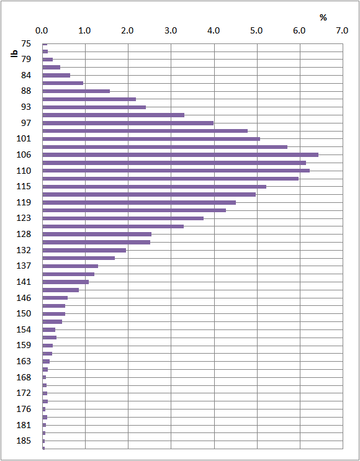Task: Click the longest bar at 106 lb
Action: [180, 154]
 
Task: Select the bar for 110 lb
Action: [176, 171]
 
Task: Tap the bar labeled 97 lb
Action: [127, 123]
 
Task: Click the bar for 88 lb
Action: [76, 91]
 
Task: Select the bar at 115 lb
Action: [154, 186]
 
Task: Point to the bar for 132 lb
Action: [84, 250]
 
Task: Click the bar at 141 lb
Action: [65, 282]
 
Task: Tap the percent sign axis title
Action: [323, 17]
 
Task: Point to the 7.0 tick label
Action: [341, 30]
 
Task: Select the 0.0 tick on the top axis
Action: [42, 30]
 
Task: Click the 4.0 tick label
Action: [213, 30]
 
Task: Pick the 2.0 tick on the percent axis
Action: [127, 30]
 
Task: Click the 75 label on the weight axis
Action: [26, 43]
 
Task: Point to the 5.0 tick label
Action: [256, 30]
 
